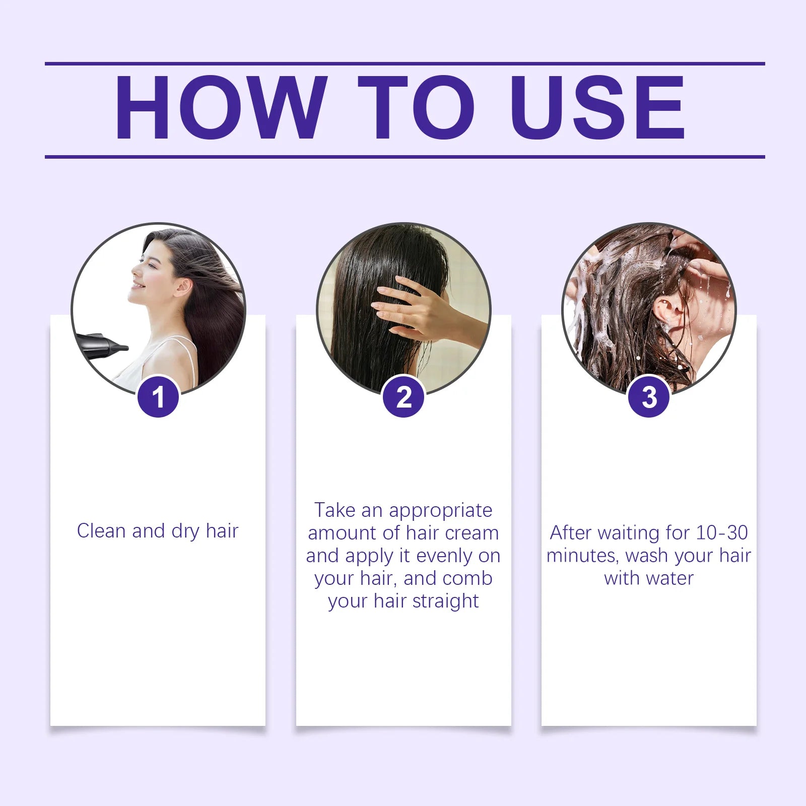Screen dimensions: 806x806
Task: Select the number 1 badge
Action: click(x=158, y=397)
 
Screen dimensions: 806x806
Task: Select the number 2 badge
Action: click(x=404, y=397)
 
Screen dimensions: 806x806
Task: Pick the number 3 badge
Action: click(x=649, y=397)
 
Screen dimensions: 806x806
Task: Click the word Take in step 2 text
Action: click(x=334, y=510)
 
